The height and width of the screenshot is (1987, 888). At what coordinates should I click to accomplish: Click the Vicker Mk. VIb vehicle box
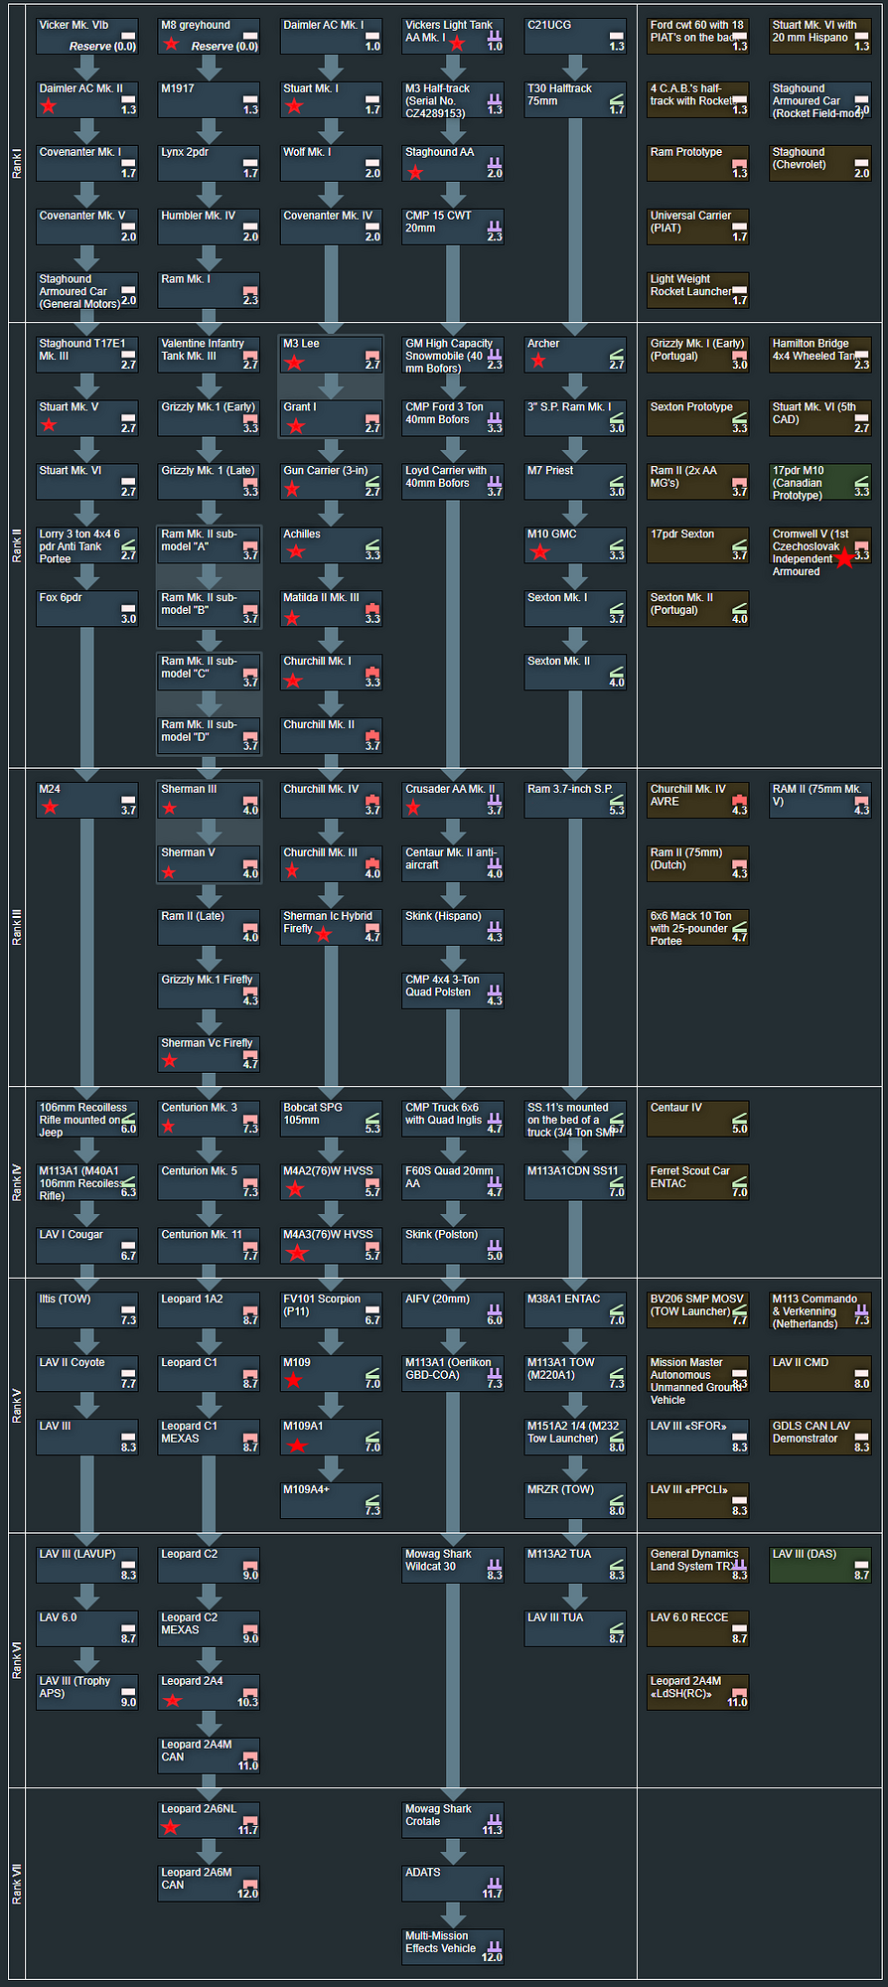[87, 36]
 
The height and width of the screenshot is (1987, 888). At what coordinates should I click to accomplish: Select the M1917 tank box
[209, 99]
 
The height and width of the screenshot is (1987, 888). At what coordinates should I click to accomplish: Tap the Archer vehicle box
[575, 354]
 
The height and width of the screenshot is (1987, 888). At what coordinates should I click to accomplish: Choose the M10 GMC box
[575, 544]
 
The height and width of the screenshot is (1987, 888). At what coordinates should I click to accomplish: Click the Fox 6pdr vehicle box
[87, 608]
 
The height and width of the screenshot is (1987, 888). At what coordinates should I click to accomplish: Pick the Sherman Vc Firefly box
[209, 1054]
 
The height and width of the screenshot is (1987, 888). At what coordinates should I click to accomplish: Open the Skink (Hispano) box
[453, 927]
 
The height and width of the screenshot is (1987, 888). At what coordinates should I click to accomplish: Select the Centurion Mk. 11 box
[209, 1245]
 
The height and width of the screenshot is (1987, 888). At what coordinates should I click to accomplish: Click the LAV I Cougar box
[87, 1245]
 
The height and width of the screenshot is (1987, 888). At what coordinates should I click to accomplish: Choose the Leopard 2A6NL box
[209, 1819]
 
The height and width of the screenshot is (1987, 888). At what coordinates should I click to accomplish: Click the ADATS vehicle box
[453, 1883]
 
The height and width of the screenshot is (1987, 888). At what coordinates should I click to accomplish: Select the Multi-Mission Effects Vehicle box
[453, 1946]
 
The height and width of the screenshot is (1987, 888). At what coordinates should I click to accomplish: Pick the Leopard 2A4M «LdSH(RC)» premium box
[698, 1692]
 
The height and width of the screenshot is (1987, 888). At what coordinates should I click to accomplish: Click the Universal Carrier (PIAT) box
[698, 227]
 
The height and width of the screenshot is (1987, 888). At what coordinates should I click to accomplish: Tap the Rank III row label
[16, 926]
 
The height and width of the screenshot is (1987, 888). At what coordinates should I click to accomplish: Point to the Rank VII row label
[16, 1884]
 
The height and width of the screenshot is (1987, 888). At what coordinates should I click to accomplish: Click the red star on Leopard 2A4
[173, 1700]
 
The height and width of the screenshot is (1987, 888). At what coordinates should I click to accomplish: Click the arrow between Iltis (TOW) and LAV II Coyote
[87, 1340]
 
